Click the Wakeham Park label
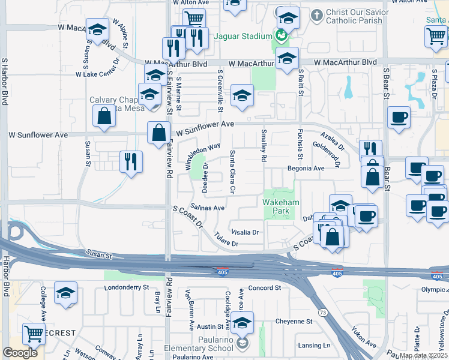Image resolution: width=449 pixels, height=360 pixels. (277, 207)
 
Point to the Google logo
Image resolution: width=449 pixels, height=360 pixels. (20, 353)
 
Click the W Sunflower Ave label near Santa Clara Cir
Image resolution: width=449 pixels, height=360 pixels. (203, 124)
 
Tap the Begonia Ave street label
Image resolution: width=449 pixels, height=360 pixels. (306, 169)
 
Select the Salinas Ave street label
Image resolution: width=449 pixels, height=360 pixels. (208, 208)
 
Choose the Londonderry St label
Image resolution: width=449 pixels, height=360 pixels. (126, 287)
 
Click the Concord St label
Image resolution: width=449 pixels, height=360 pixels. (265, 288)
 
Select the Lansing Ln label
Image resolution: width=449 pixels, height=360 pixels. (315, 346)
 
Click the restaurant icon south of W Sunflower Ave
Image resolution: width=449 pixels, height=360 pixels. (130, 161)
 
